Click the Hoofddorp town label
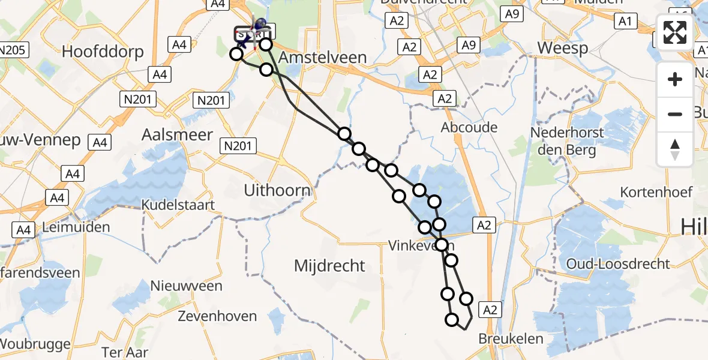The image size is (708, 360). click(x=103, y=52)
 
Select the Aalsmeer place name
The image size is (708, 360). click(x=177, y=134)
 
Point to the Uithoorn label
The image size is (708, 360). click(x=277, y=191)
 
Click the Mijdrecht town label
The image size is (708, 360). click(x=329, y=265)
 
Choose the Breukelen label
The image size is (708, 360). click(x=511, y=338)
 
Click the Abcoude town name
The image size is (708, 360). click(x=469, y=127)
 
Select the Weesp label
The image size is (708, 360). click(x=563, y=49)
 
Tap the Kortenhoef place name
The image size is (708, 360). click(x=656, y=192)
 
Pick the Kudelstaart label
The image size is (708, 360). click(x=178, y=205)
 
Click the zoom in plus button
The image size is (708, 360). click(x=675, y=79)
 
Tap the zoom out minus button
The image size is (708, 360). click(x=675, y=114)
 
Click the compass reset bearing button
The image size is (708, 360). click(x=675, y=149)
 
